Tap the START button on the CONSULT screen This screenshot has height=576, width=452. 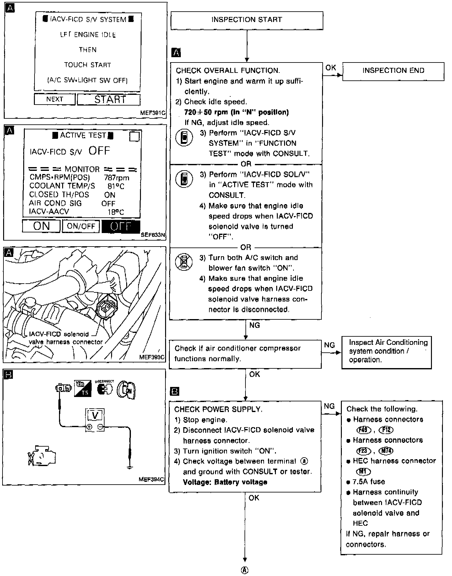pyautogui.click(x=109, y=100)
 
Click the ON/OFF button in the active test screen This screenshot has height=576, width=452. pyautogui.click(x=81, y=226)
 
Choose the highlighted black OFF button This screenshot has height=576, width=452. pyautogui.click(x=121, y=226)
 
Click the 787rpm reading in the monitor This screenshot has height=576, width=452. pyautogui.click(x=116, y=178)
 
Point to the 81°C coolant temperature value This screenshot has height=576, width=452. pyautogui.click(x=116, y=186)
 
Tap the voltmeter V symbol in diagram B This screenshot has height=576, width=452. pyautogui.click(x=95, y=416)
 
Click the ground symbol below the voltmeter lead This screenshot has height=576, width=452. pyautogui.click(x=129, y=467)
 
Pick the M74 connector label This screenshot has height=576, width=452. pyautogui.click(x=386, y=451)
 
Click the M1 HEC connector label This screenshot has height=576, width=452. pyautogui.click(x=363, y=472)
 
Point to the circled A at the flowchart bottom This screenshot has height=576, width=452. pyautogui.click(x=245, y=570)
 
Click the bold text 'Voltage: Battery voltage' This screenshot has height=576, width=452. pyautogui.click(x=225, y=482)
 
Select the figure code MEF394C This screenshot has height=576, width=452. pyautogui.click(x=151, y=480)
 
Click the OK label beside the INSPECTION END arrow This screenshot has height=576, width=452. pyautogui.click(x=331, y=68)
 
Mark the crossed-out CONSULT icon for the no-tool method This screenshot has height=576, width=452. pyautogui.click(x=184, y=262)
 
